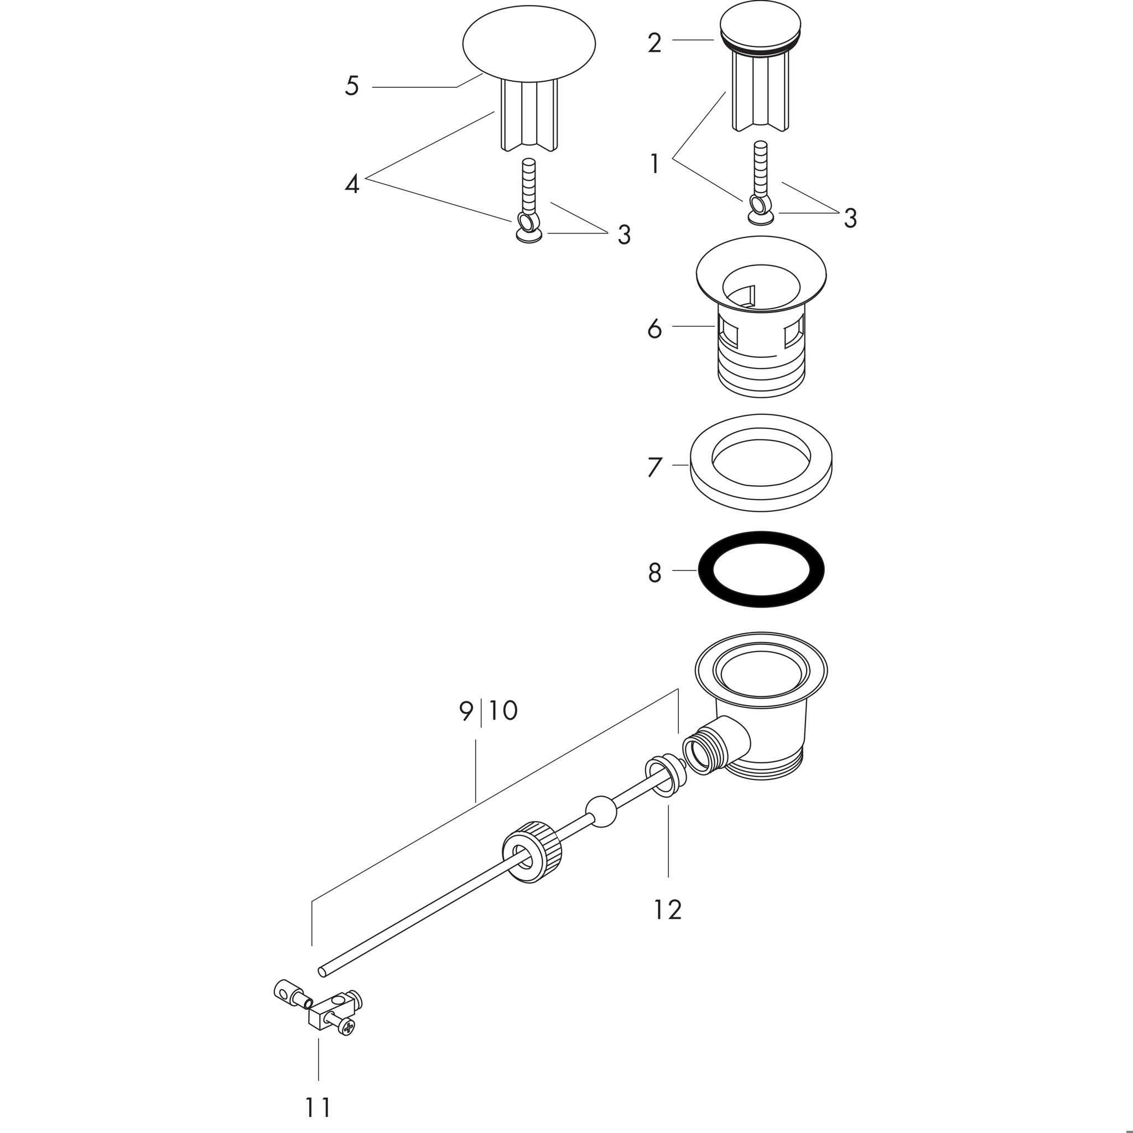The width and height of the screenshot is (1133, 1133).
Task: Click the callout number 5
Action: (x=352, y=86)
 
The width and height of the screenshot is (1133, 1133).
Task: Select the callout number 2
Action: (x=654, y=43)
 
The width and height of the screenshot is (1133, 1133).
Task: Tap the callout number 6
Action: (x=654, y=329)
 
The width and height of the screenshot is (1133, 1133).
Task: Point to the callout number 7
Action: (x=654, y=467)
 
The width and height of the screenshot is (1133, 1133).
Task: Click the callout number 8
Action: (x=654, y=573)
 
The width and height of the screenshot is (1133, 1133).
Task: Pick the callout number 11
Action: (x=319, y=1107)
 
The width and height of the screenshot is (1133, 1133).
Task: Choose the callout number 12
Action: (x=668, y=909)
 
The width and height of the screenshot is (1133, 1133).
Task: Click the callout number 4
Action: (x=352, y=185)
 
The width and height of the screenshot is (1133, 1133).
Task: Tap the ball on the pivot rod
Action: (x=601, y=812)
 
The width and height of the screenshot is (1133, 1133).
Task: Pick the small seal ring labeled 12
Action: (x=665, y=776)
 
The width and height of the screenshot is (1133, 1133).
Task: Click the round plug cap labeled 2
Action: (x=760, y=27)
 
